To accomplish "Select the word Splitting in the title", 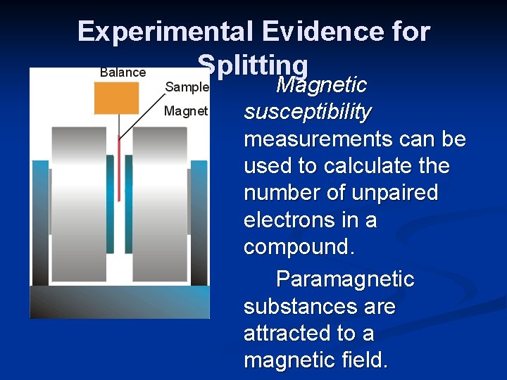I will tap(253, 65).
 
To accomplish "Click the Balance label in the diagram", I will tap(123, 72).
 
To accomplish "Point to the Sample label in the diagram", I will tap(186, 87).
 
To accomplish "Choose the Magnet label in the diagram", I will tap(185, 111).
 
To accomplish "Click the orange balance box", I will tap(116, 98).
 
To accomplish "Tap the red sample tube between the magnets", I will tap(119, 169).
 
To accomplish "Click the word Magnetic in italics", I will tap(321, 86).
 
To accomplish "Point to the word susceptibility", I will tap(307, 112).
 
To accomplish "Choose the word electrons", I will tap(285, 220).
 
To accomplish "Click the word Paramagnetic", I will tap(345, 279).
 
